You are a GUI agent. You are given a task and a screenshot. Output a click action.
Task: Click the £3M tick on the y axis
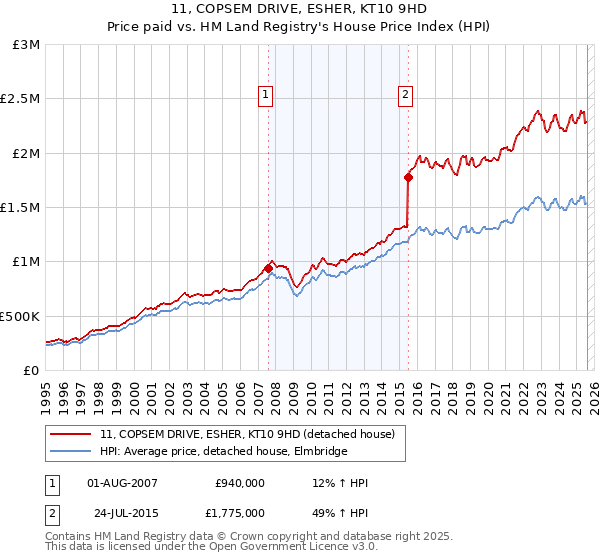[26, 45]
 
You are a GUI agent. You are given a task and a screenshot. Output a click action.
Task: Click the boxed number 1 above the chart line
[266, 95]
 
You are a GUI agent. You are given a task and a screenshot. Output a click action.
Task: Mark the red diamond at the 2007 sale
[268, 268]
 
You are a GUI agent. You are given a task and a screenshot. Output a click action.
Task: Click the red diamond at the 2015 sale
[408, 178]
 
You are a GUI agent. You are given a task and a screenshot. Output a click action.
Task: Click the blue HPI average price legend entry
[223, 452]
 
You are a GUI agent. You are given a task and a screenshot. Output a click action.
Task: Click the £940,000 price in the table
[240, 483]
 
